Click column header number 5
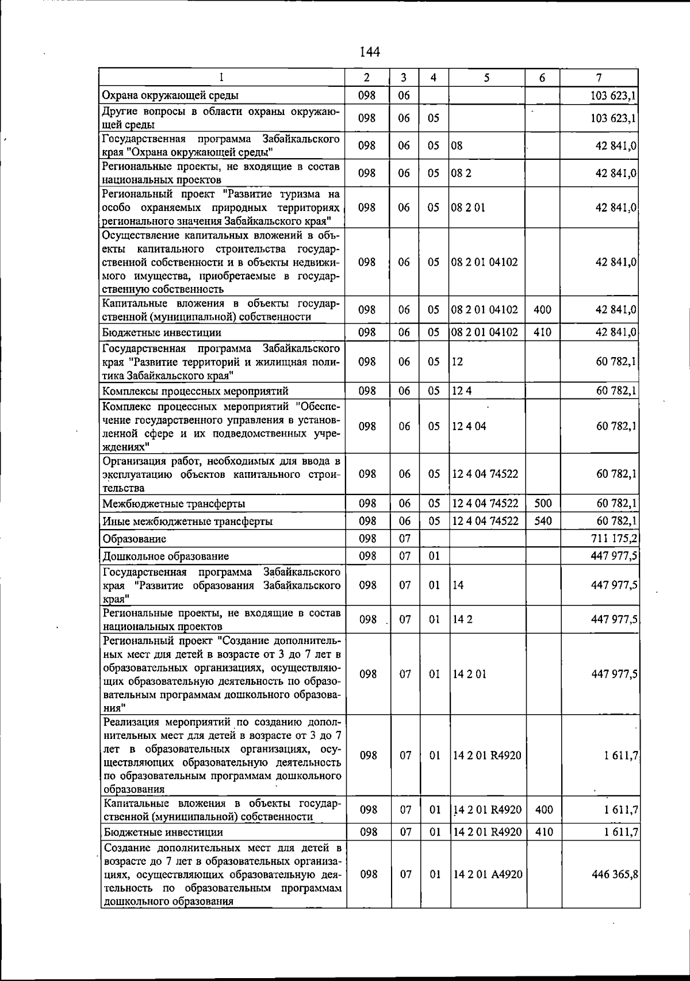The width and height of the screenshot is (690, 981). click(x=486, y=78)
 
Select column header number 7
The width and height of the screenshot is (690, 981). click(x=599, y=78)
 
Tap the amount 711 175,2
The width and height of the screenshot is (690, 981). click(x=614, y=539)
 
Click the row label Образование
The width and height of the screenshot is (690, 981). click(x=134, y=539)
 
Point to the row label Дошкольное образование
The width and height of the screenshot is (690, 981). click(x=166, y=556)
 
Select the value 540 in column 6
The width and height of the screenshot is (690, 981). click(x=543, y=521)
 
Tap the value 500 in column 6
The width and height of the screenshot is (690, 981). click(x=543, y=504)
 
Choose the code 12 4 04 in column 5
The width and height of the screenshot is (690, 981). click(x=469, y=427)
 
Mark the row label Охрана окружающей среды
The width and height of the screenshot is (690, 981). click(x=170, y=95)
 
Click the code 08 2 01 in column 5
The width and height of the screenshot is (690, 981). click(x=468, y=208)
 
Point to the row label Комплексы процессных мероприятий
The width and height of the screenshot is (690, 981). click(x=195, y=392)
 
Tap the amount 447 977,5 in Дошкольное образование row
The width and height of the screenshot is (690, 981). click(x=614, y=556)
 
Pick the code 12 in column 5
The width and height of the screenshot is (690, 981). click(x=458, y=362)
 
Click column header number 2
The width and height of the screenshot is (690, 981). click(x=367, y=78)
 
